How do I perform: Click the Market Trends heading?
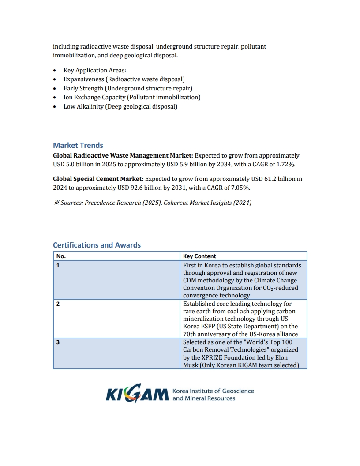[x=78, y=145]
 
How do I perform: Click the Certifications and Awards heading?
[x=97, y=245]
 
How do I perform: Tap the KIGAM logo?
[x=137, y=393]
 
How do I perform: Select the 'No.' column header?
[x=61, y=256]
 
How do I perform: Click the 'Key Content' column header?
[x=199, y=256]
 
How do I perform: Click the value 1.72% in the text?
[x=285, y=165]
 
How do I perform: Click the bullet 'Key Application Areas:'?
[x=95, y=70]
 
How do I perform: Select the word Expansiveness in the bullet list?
[x=84, y=79]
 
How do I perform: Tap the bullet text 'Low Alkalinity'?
[x=83, y=107]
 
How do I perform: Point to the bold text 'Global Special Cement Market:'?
[x=98, y=179]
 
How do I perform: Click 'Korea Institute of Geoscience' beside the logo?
[x=213, y=391]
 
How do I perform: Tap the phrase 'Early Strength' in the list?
[x=80, y=88]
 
